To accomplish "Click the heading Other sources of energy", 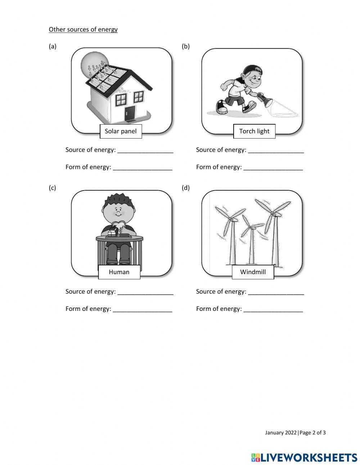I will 83,30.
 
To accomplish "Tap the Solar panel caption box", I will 121,131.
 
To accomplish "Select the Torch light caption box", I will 254,131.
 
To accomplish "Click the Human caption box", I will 119,272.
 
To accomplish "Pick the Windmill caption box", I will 253,272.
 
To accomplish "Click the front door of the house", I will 130,113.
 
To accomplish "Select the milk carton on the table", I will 112,233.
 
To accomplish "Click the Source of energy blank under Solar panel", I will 145,150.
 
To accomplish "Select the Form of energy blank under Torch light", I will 273,167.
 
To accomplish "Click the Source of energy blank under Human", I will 145,292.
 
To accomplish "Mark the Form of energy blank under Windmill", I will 273,309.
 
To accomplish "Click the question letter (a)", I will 53,46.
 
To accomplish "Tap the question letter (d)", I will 186,188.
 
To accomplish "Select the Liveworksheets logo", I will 304,457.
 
